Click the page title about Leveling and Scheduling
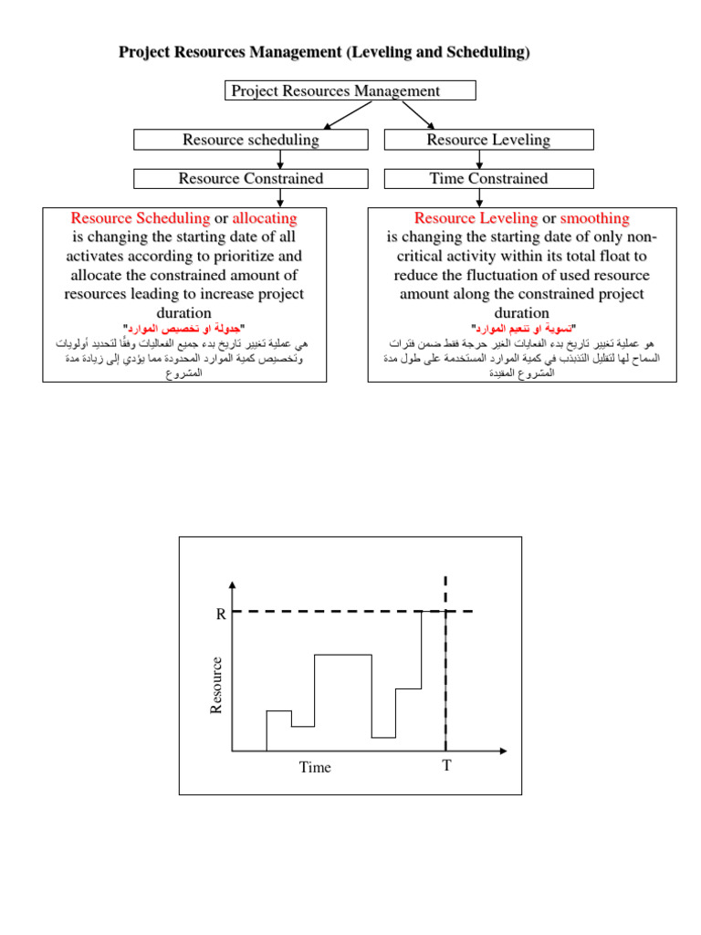click(324, 52)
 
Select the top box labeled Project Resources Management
click(350, 90)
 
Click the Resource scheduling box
click(251, 140)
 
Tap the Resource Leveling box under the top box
click(488, 140)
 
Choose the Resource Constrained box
click(251, 178)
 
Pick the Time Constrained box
click(488, 178)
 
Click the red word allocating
click(265, 218)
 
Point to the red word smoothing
click(594, 218)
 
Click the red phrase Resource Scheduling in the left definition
click(140, 218)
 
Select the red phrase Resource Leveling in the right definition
click(476, 218)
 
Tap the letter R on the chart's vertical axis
click(220, 615)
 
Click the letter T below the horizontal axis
click(446, 765)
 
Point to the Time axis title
click(315, 767)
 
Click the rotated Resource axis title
click(216, 685)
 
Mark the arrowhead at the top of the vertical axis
click(234, 584)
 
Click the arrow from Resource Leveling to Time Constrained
click(488, 160)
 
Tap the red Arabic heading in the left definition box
click(184, 328)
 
